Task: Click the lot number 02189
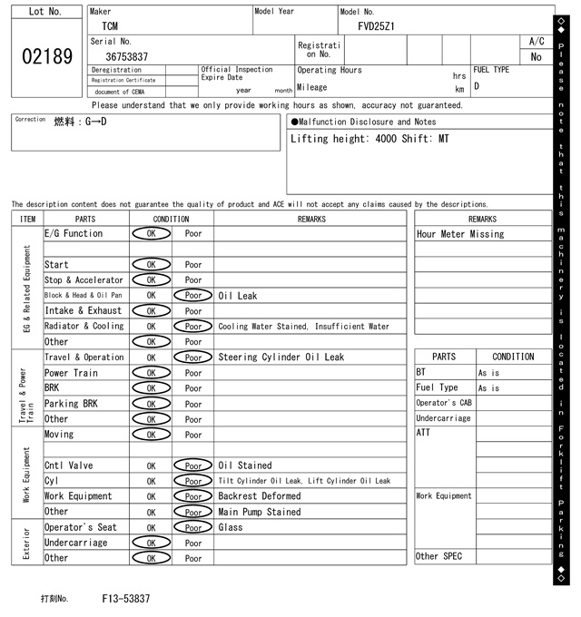coord(46,56)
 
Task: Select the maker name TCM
coord(110,26)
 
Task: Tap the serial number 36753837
coord(127,56)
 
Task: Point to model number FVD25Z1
coord(376,26)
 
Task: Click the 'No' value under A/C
coord(536,56)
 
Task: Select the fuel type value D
coord(477,86)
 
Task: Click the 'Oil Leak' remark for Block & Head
coord(237,296)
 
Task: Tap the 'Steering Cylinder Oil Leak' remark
coord(281,357)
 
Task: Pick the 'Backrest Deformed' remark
coord(259,496)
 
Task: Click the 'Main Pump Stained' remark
coord(259,512)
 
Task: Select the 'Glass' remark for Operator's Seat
coord(231,527)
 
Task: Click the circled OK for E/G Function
coord(151,233)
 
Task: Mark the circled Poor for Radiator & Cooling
coord(193,327)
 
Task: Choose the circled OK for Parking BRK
coord(151,404)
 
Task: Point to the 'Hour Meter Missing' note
coord(460,234)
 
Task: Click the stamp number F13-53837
coord(126,599)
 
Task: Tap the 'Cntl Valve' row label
coord(69,465)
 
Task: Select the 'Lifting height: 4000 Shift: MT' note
coord(369,139)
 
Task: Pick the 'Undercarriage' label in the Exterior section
coord(75,543)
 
